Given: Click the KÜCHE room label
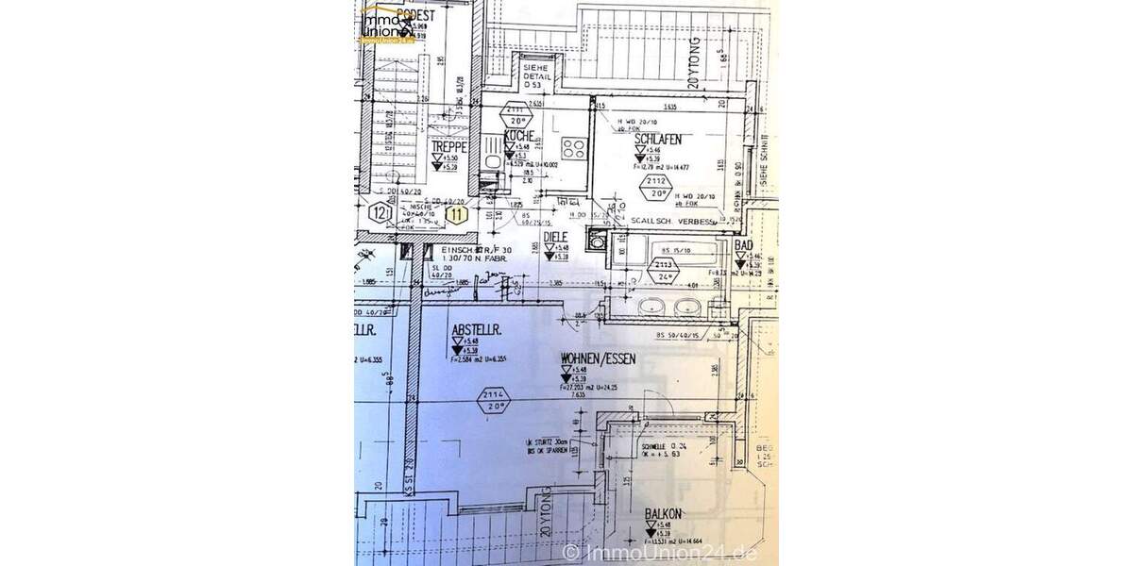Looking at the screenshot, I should pyautogui.click(x=520, y=137).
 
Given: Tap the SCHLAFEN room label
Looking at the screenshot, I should pyautogui.click(x=658, y=140).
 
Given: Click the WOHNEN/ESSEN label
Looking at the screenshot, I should pyautogui.click(x=599, y=358).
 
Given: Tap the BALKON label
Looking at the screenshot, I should pyautogui.click(x=665, y=515).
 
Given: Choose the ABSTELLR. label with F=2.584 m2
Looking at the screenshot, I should pyautogui.click(x=475, y=329).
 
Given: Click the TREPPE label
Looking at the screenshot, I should pyautogui.click(x=449, y=147).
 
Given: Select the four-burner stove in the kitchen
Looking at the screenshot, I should pyautogui.click(x=572, y=147).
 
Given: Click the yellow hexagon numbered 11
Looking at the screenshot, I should pyautogui.click(x=458, y=214).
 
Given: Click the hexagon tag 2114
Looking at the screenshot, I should pyautogui.click(x=494, y=396).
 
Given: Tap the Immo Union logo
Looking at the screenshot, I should pyautogui.click(x=387, y=24).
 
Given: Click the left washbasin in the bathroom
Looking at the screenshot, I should pyautogui.click(x=652, y=307).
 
